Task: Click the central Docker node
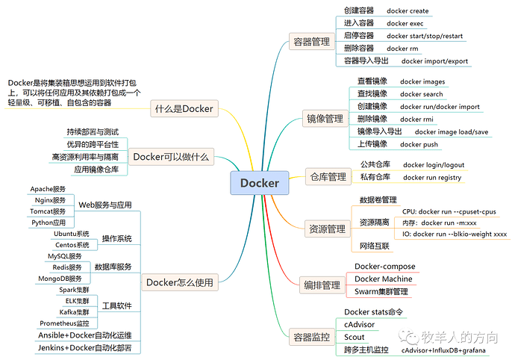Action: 259,182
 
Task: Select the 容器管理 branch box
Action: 311,43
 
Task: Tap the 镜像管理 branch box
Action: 325,118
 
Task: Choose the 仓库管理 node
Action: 328,177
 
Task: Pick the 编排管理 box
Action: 322,285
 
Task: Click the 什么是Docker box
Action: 184,109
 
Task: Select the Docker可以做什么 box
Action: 172,157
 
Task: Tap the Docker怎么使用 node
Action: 179,282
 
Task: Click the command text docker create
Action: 408,11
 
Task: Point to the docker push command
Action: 419,144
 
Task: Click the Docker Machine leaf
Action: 382,279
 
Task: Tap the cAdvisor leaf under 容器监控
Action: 359,324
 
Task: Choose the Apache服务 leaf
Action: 49,189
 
